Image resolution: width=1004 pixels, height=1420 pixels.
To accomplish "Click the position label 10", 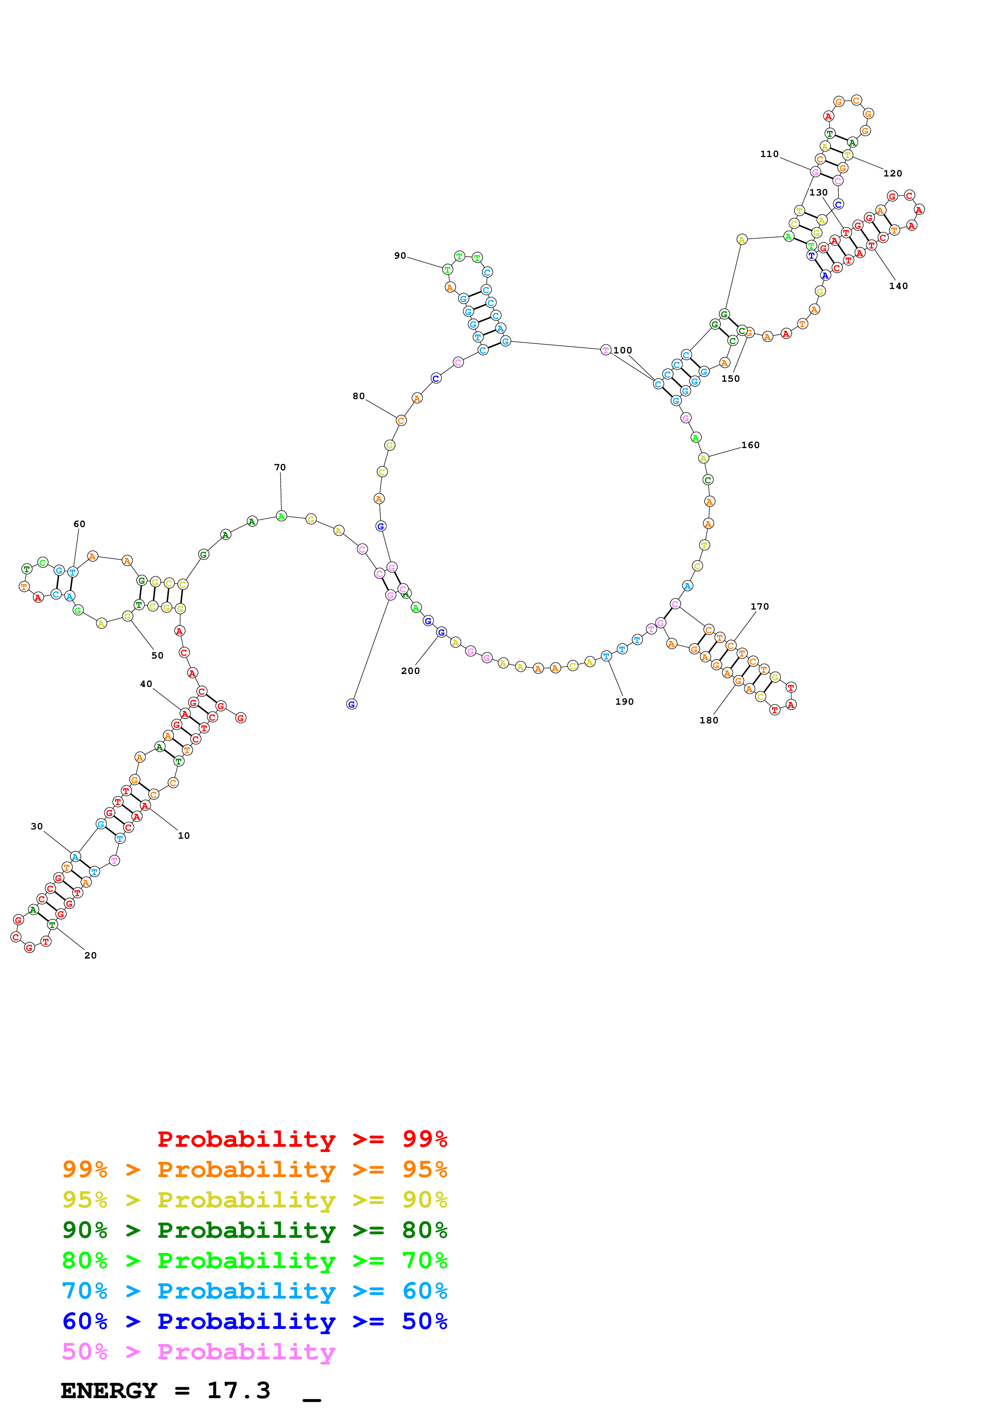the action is (x=184, y=835).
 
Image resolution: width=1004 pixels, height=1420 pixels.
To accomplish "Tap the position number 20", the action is (x=90, y=956).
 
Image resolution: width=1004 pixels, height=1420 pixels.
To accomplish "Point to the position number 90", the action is (x=400, y=255).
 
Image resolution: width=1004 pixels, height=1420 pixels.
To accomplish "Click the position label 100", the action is (x=622, y=350).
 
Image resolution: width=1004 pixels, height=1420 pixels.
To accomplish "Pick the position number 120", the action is (x=892, y=173).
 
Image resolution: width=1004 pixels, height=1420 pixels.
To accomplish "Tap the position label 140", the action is (x=898, y=286).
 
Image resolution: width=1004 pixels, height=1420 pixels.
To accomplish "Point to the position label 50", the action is (x=158, y=656).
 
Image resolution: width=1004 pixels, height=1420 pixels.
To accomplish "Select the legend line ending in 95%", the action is (x=254, y=1169).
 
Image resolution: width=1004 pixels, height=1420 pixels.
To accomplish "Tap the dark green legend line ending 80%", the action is (x=254, y=1230).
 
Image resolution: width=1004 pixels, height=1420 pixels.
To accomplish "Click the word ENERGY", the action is (x=109, y=1390).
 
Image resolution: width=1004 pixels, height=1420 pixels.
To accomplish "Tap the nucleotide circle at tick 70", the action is (x=281, y=516).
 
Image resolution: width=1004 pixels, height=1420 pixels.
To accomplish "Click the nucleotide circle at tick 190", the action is (x=606, y=656).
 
